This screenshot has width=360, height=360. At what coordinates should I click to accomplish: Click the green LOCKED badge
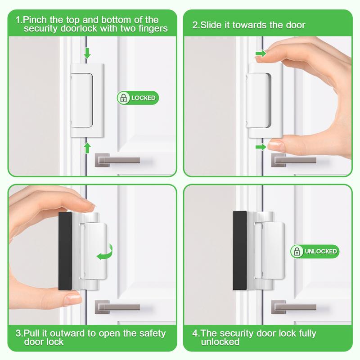click(138, 98)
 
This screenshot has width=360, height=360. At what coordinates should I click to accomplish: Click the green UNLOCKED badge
click(314, 251)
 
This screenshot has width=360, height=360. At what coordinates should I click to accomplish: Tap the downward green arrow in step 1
click(87, 54)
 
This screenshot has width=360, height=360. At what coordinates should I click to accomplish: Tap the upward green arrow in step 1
click(87, 147)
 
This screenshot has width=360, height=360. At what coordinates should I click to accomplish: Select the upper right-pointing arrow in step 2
click(261, 54)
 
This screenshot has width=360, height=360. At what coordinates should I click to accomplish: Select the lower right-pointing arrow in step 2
click(261, 147)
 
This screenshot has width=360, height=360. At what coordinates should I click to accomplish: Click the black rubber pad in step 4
click(239, 251)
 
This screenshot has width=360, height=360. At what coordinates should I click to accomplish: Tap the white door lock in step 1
click(87, 99)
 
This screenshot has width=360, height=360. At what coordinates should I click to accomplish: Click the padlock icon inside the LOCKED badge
click(123, 98)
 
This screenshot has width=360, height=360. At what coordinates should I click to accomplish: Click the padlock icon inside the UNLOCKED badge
click(297, 251)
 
